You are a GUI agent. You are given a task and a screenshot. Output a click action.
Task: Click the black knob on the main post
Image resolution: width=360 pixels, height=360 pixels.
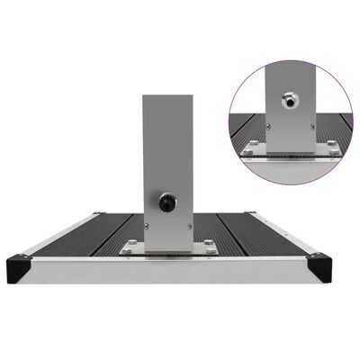pos(167,203)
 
